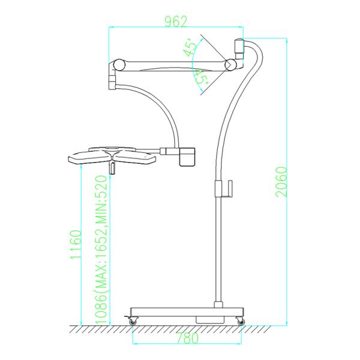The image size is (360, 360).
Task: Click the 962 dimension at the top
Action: [176, 22]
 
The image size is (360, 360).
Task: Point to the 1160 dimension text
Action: [75, 245]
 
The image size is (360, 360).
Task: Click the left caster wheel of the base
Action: [132, 322]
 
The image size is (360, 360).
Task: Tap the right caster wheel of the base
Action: [241, 322]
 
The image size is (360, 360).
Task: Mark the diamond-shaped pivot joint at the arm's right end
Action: [230, 64]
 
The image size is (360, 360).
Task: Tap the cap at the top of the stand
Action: [239, 46]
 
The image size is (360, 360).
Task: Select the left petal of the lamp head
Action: [88, 159]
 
